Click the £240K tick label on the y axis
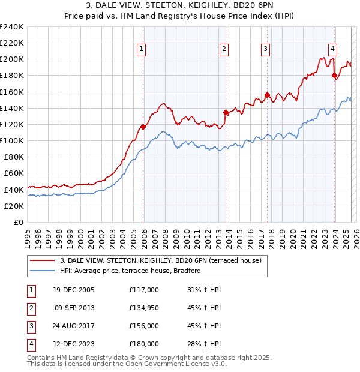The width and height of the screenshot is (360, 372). pos(12,27)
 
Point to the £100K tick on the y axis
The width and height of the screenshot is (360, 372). pos(12,140)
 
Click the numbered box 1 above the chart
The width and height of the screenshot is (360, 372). pos(142,49)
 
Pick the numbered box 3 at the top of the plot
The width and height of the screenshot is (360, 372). pos(265,49)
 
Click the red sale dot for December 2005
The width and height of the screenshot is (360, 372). pos(143,127)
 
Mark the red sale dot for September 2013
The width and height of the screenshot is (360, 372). pos(226,112)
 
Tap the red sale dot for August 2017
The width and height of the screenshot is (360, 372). pos(268,95)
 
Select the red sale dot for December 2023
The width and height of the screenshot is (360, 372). pos(335,75)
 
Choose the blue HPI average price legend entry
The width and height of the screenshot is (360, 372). pos(130,271)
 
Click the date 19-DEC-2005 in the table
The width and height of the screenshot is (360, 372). pos(74,290)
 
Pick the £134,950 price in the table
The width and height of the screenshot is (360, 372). pos(144,308)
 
